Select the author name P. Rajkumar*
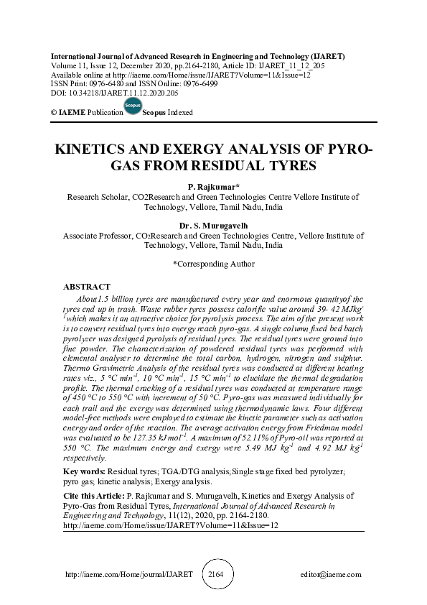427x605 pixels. pyautogui.click(x=213, y=186)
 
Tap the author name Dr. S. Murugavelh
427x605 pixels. pyautogui.click(x=213, y=226)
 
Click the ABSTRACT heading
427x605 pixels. pyautogui.click(x=87, y=287)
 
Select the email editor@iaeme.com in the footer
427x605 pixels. pyautogui.click(x=332, y=576)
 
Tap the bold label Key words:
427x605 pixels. pyautogui.click(x=84, y=471)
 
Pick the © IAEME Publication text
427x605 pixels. pyautogui.click(x=83, y=114)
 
